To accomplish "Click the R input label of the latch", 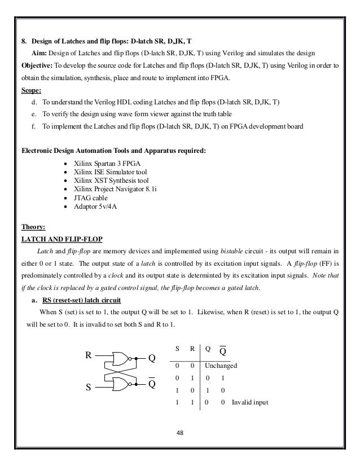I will click(x=88, y=356).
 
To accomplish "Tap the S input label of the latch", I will click(x=88, y=388).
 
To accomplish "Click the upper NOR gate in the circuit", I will click(x=121, y=358).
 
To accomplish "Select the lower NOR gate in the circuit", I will click(x=121, y=384).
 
